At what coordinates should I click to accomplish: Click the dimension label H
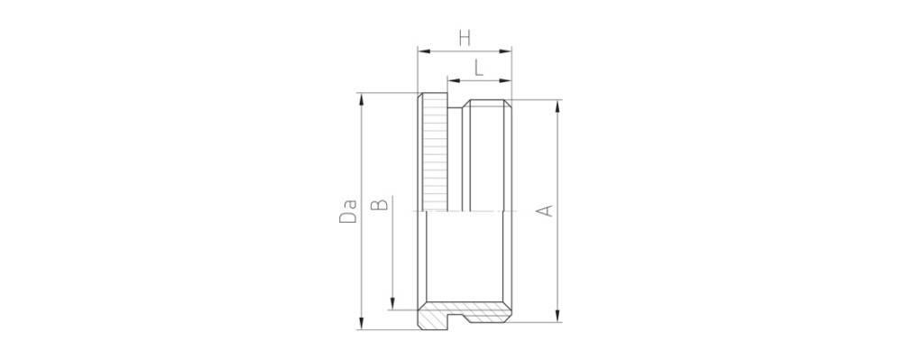tap(465, 38)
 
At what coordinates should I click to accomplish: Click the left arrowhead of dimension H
tap(420, 51)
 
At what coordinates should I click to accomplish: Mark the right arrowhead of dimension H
tap(508, 51)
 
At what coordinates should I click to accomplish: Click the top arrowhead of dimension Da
tap(361, 97)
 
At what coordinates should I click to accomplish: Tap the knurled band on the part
tap(436, 153)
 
